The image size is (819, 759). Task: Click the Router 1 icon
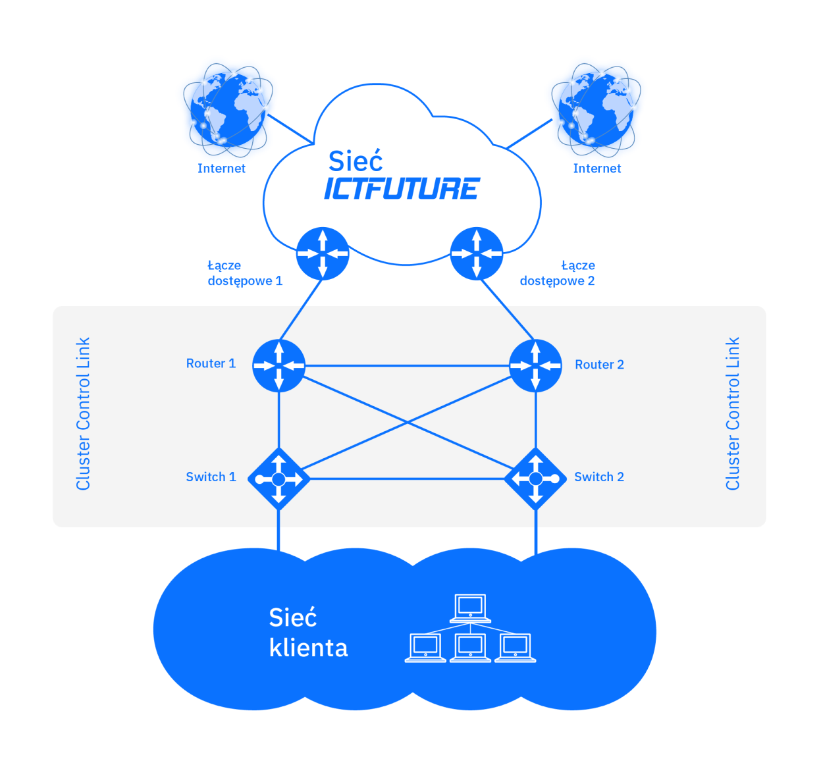point(278,365)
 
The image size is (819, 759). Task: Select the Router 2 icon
point(535,365)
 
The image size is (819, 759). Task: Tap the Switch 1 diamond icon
point(278,479)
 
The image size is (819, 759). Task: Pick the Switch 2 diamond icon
point(535,479)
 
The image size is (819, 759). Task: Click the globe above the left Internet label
point(228,110)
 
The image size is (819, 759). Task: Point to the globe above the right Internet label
point(596,110)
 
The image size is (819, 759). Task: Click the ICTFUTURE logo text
point(402,188)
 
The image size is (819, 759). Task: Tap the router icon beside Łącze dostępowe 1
point(323,253)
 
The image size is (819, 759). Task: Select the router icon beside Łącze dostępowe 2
point(476,253)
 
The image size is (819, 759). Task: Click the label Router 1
point(211,363)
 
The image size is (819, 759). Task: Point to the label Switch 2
point(599,477)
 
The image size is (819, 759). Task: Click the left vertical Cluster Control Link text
point(83,414)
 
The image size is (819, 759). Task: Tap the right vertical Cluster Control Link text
point(732,414)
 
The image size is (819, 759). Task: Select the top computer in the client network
point(470,608)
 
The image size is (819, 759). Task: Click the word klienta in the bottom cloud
point(309,648)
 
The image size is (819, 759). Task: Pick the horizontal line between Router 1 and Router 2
point(407,365)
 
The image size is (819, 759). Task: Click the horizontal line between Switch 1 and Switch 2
point(407,479)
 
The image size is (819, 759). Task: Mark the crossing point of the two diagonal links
point(407,422)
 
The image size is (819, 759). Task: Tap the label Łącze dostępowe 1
point(245,273)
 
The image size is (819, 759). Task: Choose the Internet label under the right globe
point(596,169)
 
